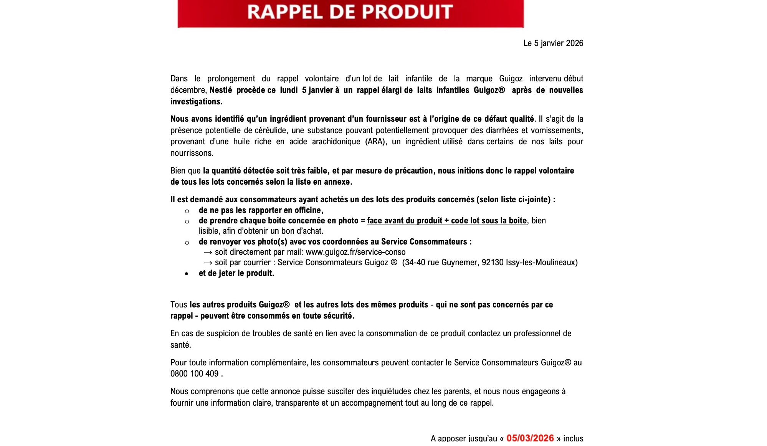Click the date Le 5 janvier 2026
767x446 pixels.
point(553,43)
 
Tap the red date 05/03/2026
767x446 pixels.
point(530,438)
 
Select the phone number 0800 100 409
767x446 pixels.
point(194,374)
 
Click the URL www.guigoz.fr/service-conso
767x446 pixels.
point(355,252)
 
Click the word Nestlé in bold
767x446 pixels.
point(221,90)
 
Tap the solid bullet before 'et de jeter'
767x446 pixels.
point(187,274)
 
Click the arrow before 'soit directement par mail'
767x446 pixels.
point(208,253)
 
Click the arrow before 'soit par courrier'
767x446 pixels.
point(208,263)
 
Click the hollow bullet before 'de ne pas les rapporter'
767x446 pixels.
point(187,211)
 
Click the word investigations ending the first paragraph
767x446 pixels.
point(196,102)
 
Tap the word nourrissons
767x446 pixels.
point(192,153)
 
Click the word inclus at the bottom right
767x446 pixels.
point(573,438)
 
